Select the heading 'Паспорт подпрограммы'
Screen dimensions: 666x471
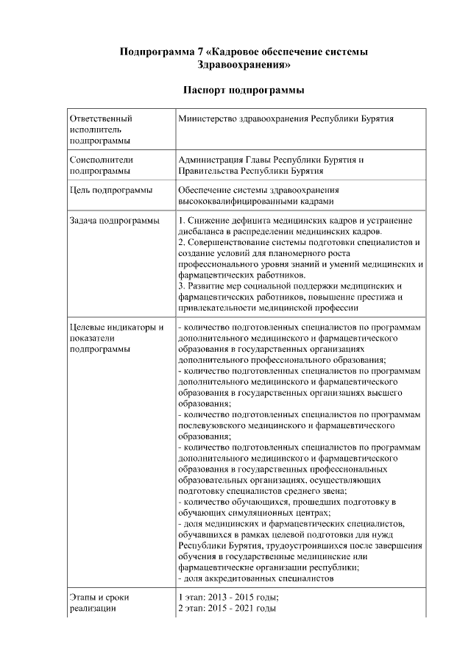pos(244,91)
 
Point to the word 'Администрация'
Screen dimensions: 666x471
pos(210,160)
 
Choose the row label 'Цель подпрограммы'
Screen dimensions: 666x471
pos(110,191)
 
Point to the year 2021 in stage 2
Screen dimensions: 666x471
pos(252,609)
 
